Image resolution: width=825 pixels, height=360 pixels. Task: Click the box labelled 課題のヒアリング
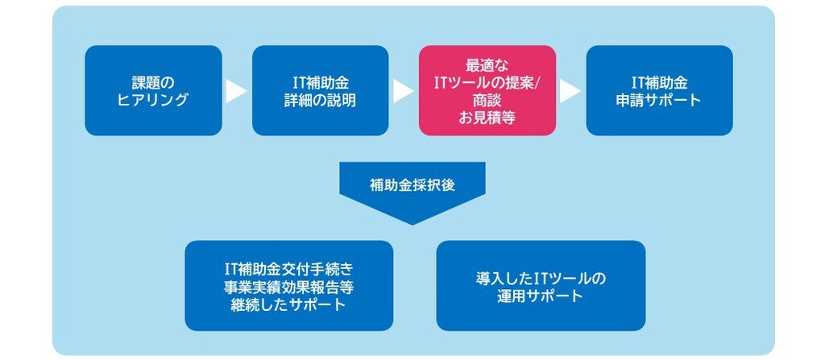click(153, 90)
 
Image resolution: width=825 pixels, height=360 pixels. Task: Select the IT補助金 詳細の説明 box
click(321, 90)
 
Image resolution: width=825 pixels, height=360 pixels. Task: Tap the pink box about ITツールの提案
click(487, 90)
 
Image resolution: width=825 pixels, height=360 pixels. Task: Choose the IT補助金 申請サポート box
click(659, 90)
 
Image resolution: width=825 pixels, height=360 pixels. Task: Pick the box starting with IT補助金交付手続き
click(289, 286)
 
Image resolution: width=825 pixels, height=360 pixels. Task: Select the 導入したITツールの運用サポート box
click(541, 286)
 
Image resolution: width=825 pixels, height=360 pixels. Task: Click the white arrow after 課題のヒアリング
click(236, 91)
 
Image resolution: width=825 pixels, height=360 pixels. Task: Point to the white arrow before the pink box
click(403, 91)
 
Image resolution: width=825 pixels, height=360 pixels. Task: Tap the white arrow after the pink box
click(570, 91)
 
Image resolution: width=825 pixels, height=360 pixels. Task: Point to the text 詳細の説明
click(321, 100)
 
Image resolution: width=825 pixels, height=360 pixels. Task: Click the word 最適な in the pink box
click(487, 65)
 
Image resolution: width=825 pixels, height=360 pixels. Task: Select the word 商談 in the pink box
click(487, 100)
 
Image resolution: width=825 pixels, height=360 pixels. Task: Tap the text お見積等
click(487, 118)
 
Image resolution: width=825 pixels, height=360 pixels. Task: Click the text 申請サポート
click(659, 100)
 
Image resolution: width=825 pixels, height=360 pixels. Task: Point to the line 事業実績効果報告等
click(289, 288)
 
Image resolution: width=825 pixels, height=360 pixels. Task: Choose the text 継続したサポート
click(289, 304)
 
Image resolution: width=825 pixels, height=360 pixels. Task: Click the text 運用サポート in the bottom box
click(541, 296)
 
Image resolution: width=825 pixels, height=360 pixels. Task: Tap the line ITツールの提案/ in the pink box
click(487, 83)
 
